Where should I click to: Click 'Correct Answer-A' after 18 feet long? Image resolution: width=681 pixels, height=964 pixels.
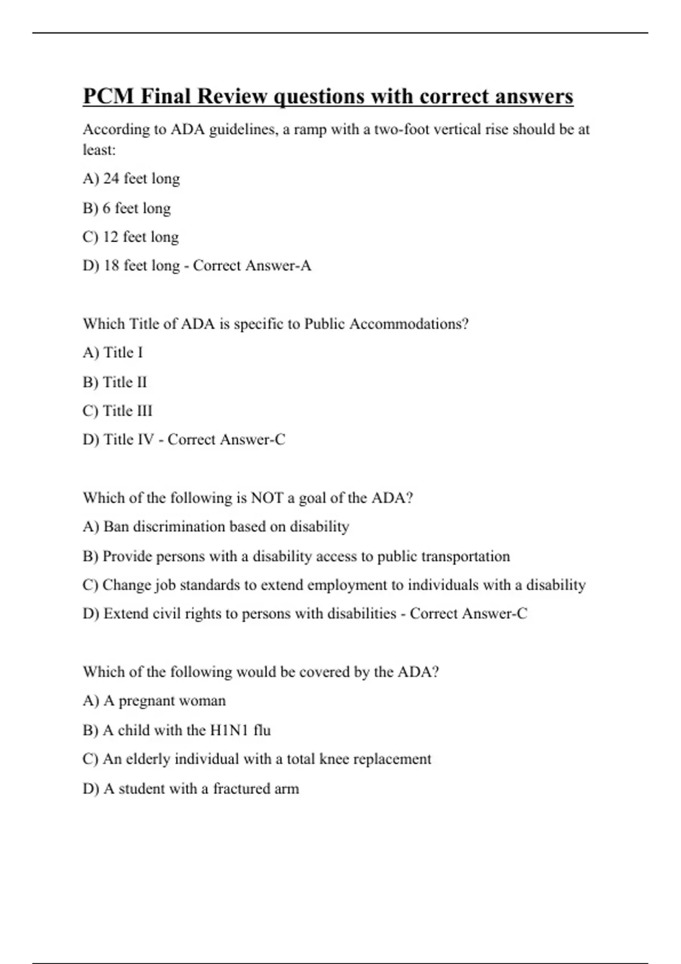tap(252, 265)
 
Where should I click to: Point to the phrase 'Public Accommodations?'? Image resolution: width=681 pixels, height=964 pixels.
tap(386, 324)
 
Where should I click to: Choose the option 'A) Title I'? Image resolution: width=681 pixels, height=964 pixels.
tap(112, 353)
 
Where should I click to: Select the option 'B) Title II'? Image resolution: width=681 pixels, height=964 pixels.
tap(115, 382)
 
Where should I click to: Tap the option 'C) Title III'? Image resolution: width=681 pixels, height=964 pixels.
tap(117, 411)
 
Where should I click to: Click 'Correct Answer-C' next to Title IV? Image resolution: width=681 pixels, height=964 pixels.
tap(226, 439)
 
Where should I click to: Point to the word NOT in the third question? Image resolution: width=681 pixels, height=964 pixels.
tap(267, 498)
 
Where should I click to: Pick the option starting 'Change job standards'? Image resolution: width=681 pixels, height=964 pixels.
tap(334, 585)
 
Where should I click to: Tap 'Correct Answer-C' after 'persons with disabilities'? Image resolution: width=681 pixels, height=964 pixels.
tap(468, 614)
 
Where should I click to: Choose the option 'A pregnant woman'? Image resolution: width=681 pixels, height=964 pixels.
tap(154, 701)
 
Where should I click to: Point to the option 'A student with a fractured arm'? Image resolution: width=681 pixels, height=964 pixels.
tap(191, 789)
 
